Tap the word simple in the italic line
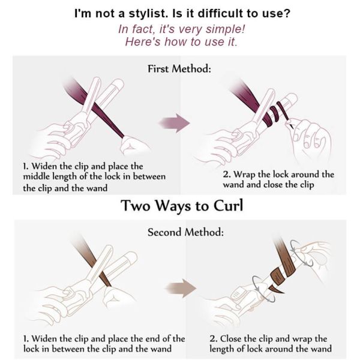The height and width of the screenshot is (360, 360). pos(225,29)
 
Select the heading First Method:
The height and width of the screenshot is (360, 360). pos(179,68)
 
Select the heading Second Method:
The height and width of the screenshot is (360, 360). pos(185,232)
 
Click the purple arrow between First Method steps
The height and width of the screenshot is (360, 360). pos(175,123)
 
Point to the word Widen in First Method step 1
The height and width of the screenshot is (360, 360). pos(42,166)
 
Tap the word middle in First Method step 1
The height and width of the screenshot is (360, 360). pos(36,176)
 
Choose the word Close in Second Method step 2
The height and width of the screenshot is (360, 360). pos(231,338)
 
